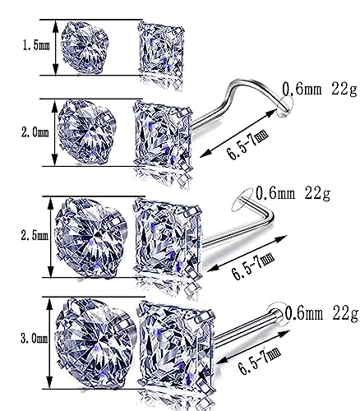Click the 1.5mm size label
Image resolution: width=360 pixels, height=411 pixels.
pos(36,45)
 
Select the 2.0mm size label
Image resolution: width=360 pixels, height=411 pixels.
pos(35,132)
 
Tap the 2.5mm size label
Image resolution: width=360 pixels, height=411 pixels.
pos(35,235)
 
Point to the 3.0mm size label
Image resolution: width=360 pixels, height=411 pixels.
pos(35,339)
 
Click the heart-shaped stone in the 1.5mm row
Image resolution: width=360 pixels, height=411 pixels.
pos(85,47)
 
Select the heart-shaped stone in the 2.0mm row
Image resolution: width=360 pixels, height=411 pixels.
pos(86,132)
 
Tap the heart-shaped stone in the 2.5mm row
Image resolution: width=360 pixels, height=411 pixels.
pos(90,238)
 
